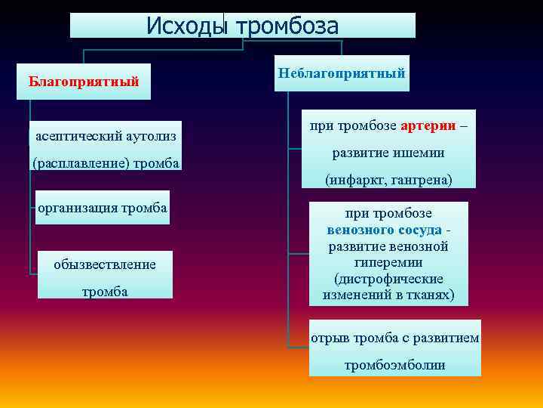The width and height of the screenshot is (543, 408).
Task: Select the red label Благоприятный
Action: [x=83, y=81]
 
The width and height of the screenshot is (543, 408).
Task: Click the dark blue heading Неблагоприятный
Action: [x=342, y=73]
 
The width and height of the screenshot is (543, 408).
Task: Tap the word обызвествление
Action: [x=105, y=264]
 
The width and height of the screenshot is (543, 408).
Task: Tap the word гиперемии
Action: [x=388, y=262]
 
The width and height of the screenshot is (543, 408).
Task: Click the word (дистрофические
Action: [x=388, y=278]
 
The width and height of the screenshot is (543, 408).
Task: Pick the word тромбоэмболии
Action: [x=394, y=365]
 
